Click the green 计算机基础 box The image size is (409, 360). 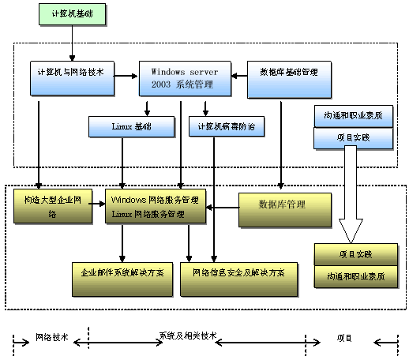pos(72,14)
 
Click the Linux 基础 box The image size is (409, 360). pos(131,126)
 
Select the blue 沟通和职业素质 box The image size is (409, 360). pos(348,115)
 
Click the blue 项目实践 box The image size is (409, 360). pos(348,137)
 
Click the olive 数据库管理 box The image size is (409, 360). pos(282,204)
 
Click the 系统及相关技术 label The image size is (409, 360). pos(187,336)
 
